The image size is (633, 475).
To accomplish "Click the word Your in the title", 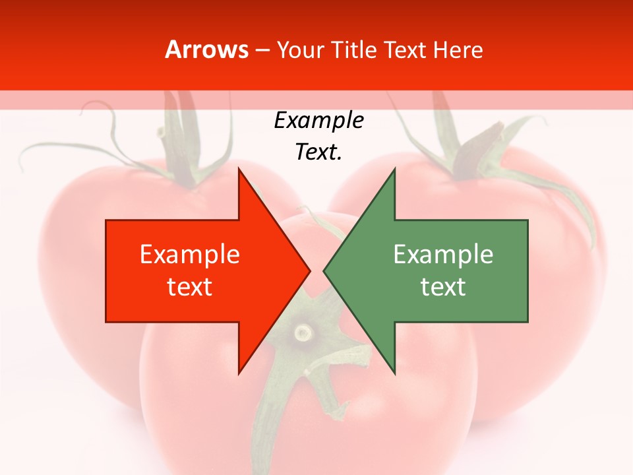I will [299, 49].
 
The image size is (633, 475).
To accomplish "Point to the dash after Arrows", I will [262, 50].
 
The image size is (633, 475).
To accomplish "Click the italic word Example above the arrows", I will [318, 120].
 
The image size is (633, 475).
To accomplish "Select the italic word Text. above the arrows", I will [318, 152].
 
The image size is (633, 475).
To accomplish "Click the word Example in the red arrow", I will [189, 254].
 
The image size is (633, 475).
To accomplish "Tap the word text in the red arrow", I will [189, 286].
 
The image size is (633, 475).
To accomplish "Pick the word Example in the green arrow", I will [443, 254].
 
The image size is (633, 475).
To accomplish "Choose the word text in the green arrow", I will [443, 286].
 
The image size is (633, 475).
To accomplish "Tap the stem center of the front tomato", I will [303, 330].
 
